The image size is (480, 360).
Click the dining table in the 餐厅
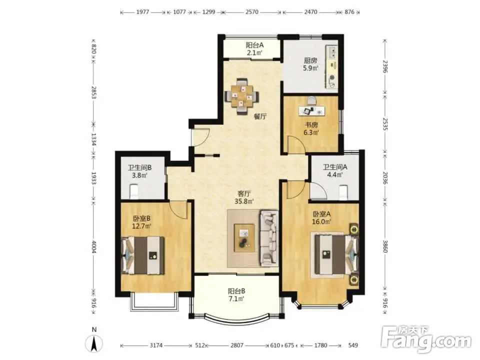(x=242, y=96)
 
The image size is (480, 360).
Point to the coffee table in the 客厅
(x=244, y=238)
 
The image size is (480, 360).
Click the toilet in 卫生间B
(x=134, y=191)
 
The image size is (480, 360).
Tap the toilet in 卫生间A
(x=344, y=192)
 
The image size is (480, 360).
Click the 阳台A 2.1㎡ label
(x=254, y=49)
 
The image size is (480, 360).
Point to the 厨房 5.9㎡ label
(x=310, y=64)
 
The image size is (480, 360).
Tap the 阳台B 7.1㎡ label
(x=236, y=295)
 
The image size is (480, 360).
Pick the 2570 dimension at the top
(x=251, y=12)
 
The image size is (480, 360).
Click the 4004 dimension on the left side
(x=94, y=246)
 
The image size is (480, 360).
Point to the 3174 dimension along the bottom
(x=156, y=345)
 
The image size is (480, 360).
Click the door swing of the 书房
(x=296, y=144)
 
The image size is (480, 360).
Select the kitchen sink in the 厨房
(x=332, y=52)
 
